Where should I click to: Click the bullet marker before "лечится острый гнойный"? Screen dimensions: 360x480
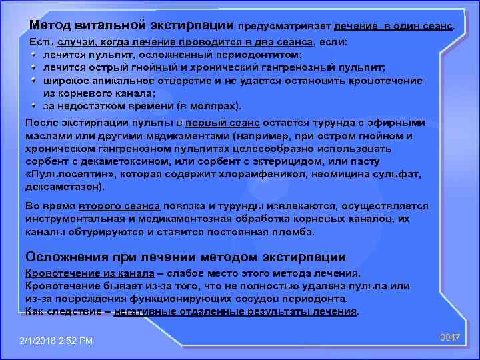pos(34,67)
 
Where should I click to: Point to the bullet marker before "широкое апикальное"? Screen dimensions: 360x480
pos(34,80)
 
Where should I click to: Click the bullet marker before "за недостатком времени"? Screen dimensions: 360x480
pos(34,105)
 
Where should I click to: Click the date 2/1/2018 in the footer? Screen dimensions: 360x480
pos(41,341)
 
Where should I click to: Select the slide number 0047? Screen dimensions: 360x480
pos(451,337)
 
